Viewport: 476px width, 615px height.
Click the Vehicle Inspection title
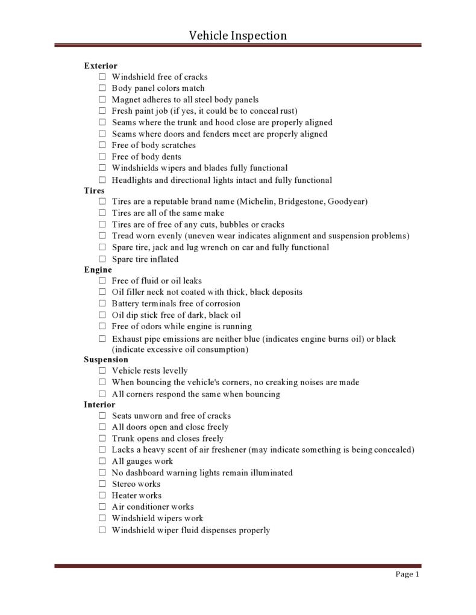click(x=238, y=36)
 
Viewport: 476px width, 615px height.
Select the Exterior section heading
click(x=101, y=66)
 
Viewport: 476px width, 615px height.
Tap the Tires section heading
click(x=94, y=191)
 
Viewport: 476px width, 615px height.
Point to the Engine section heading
click(x=98, y=270)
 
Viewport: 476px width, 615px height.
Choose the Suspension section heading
click(x=106, y=360)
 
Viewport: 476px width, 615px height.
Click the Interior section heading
click(x=99, y=405)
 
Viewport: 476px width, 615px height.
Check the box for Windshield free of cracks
click(x=102, y=77)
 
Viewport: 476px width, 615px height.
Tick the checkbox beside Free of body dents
click(x=102, y=157)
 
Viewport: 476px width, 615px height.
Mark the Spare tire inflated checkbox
click(x=102, y=259)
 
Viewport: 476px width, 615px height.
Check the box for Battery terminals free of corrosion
click(x=102, y=303)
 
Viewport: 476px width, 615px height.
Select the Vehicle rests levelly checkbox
click(x=102, y=371)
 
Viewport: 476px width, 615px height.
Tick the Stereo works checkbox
click(x=102, y=484)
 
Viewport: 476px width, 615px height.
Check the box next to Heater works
click(x=102, y=495)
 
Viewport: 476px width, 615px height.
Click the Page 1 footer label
click(x=407, y=575)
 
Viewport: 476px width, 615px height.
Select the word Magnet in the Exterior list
click(x=126, y=100)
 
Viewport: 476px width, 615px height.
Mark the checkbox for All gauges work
click(x=102, y=462)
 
